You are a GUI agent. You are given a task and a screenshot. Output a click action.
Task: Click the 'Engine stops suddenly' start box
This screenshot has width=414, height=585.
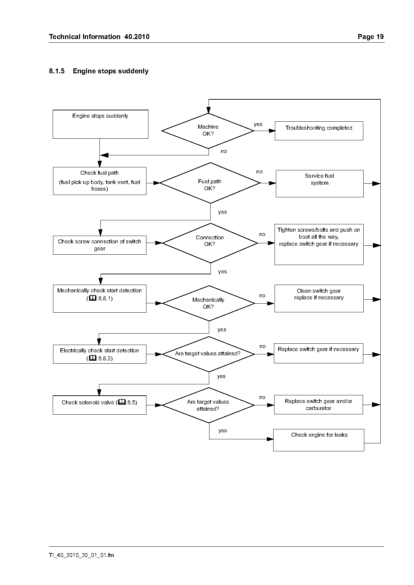tap(100, 124)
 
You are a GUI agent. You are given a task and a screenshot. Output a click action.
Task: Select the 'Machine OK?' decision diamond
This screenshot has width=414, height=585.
tap(208, 131)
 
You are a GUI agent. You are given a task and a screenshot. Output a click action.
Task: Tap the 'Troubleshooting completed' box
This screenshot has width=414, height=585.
tap(319, 131)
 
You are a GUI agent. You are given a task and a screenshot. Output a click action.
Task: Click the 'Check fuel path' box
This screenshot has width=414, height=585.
tap(100, 181)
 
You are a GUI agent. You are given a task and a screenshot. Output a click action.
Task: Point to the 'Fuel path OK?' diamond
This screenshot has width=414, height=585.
tap(210, 183)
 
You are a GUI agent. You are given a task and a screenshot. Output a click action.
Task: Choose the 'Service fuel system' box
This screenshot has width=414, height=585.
tap(320, 184)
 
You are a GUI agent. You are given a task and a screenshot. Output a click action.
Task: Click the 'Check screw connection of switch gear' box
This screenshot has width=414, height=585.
tap(100, 245)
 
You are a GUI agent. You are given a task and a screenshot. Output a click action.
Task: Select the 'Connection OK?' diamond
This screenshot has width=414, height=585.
tap(210, 243)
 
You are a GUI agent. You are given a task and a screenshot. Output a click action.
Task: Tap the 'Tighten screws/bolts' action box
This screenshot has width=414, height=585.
tap(319, 244)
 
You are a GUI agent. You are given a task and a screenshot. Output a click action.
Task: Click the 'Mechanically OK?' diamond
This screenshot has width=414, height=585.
tap(209, 303)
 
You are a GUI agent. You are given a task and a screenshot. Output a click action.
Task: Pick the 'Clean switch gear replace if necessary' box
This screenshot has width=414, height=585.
tap(319, 298)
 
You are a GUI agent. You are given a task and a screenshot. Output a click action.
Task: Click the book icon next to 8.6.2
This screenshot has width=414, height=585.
tap(93, 358)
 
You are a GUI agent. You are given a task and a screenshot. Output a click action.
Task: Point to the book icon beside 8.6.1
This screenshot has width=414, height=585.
tap(93, 298)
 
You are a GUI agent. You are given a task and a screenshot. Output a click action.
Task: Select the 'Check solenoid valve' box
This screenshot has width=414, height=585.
tap(100, 405)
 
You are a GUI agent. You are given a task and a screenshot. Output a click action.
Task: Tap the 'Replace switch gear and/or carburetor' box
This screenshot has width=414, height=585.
tap(319, 405)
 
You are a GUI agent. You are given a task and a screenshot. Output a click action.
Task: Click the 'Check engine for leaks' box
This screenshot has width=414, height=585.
tap(319, 440)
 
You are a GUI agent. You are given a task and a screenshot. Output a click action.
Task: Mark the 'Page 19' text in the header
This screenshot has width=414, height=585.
tap(371, 37)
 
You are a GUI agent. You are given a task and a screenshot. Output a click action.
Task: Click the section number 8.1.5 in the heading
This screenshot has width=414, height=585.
tap(57, 71)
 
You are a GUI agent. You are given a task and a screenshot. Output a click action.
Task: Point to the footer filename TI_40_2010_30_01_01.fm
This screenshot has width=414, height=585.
tap(81, 555)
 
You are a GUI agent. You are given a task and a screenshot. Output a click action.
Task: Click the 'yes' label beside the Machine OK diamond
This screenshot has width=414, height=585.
tap(258, 124)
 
